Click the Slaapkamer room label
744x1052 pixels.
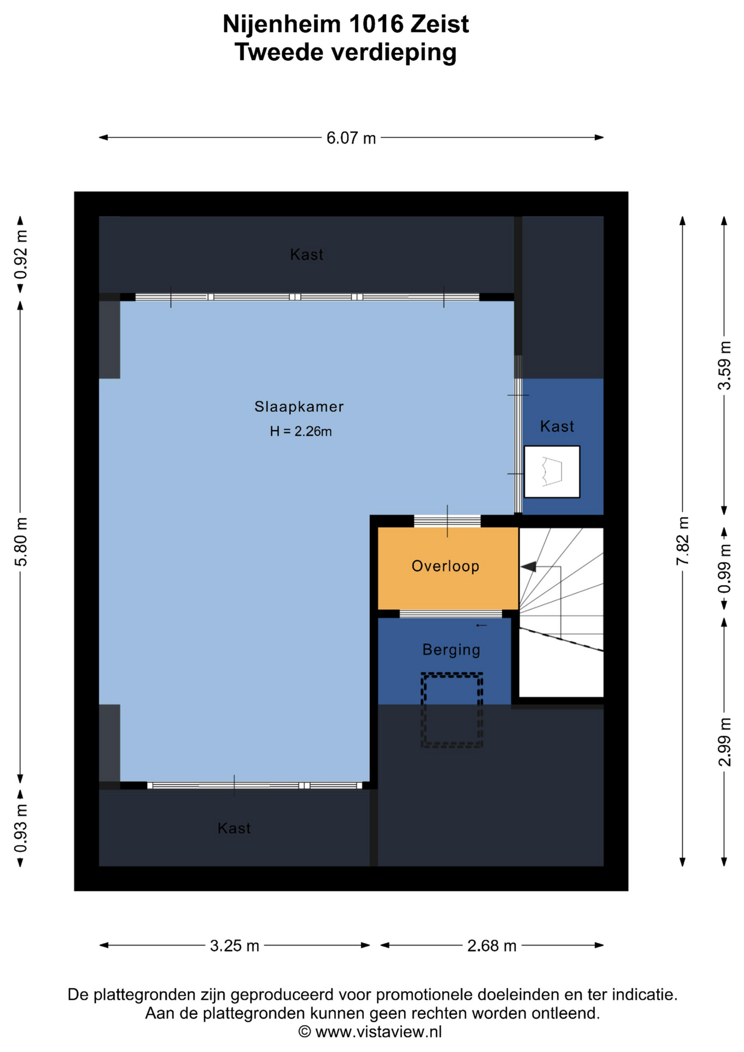(x=299, y=407)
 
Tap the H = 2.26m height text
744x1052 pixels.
(x=301, y=432)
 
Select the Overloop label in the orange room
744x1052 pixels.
(x=445, y=566)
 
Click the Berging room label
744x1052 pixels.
(x=451, y=650)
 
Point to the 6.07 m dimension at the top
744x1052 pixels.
(x=351, y=138)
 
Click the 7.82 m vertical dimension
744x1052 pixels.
(x=683, y=541)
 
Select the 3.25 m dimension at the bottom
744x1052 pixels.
(x=234, y=946)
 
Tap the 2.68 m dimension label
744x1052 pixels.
(x=492, y=946)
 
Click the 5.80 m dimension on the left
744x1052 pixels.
(x=21, y=541)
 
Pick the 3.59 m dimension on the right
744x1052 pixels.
(x=724, y=365)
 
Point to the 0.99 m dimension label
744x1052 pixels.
(x=724, y=568)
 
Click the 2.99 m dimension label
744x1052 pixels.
(x=724, y=742)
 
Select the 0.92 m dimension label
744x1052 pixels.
(x=21, y=254)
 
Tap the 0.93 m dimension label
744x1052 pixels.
(x=21, y=828)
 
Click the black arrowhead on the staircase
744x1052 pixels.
(x=528, y=567)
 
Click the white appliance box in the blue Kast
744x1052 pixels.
(x=552, y=472)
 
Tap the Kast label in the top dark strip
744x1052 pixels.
(x=307, y=255)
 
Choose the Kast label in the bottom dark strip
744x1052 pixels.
(x=234, y=828)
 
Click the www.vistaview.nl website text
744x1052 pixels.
(x=379, y=1032)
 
